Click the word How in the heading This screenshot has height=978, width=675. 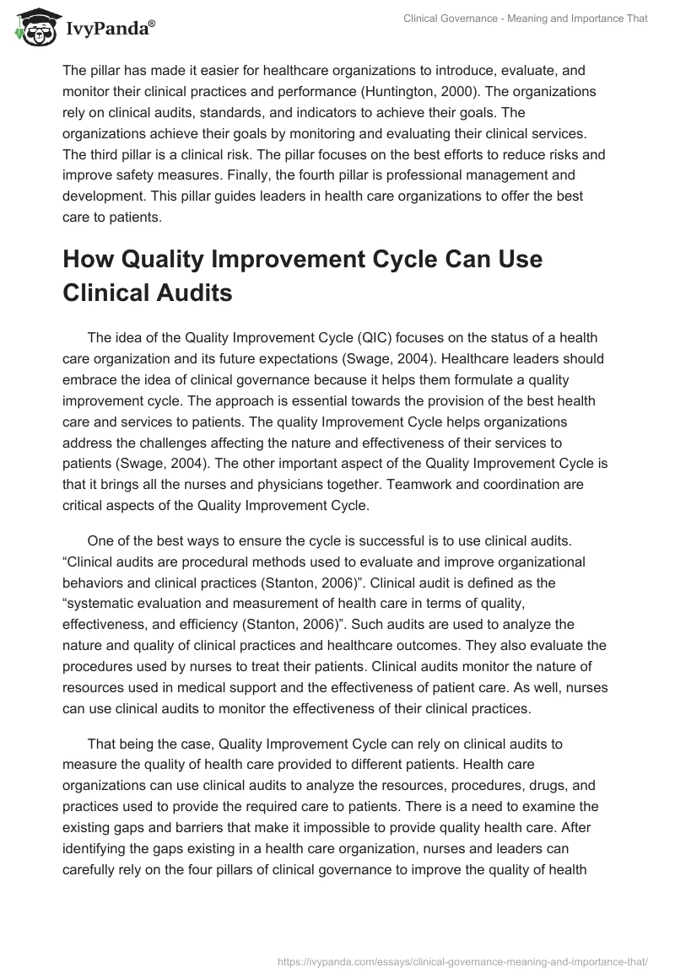click(x=92, y=261)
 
